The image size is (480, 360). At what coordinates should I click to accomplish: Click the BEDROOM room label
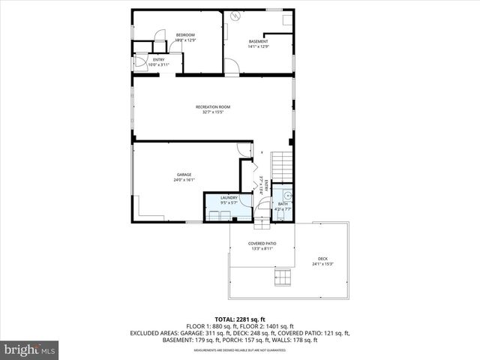click(185, 35)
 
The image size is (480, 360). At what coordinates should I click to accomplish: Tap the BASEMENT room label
click(257, 41)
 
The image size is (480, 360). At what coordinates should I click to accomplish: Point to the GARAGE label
click(184, 175)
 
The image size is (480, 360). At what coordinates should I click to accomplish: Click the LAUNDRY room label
click(229, 198)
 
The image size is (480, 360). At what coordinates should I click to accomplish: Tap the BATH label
click(283, 204)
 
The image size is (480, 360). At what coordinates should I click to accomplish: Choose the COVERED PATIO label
click(261, 244)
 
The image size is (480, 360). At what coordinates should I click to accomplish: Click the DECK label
click(323, 258)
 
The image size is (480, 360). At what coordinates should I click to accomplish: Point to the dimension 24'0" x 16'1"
click(184, 180)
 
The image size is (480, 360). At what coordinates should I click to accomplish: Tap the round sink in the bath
click(286, 193)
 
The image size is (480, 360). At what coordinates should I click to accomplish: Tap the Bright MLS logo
click(30, 349)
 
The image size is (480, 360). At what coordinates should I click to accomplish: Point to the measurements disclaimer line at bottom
click(240, 350)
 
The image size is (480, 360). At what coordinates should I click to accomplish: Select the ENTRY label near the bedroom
click(158, 59)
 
